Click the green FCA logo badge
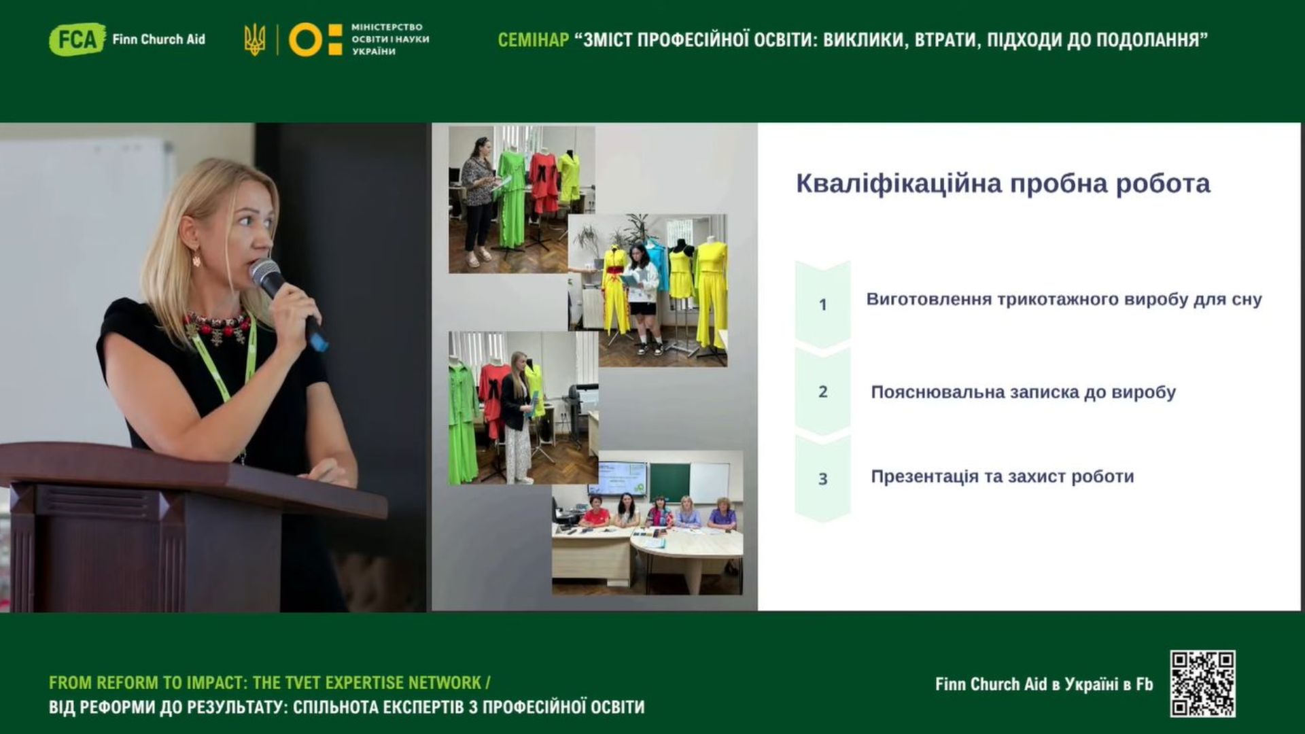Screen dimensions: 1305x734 click(x=77, y=39)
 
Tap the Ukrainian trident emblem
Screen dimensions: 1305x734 click(x=255, y=39)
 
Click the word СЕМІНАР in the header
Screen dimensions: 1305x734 click(x=534, y=40)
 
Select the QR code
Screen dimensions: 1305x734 click(x=1202, y=684)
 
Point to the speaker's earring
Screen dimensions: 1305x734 click(x=196, y=257)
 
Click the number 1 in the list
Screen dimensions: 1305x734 click(x=822, y=304)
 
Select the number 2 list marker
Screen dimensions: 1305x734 click(x=822, y=392)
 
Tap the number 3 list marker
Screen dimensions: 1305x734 click(x=822, y=479)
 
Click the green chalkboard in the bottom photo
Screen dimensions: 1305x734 click(x=669, y=481)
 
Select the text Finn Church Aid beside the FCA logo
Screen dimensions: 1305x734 click(x=158, y=39)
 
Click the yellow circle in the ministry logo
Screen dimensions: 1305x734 click(x=306, y=39)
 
